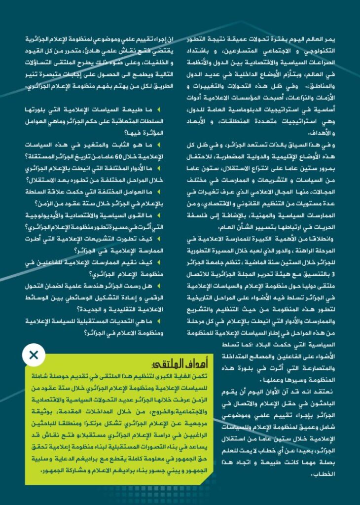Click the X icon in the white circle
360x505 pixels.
tap(34, 354)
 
